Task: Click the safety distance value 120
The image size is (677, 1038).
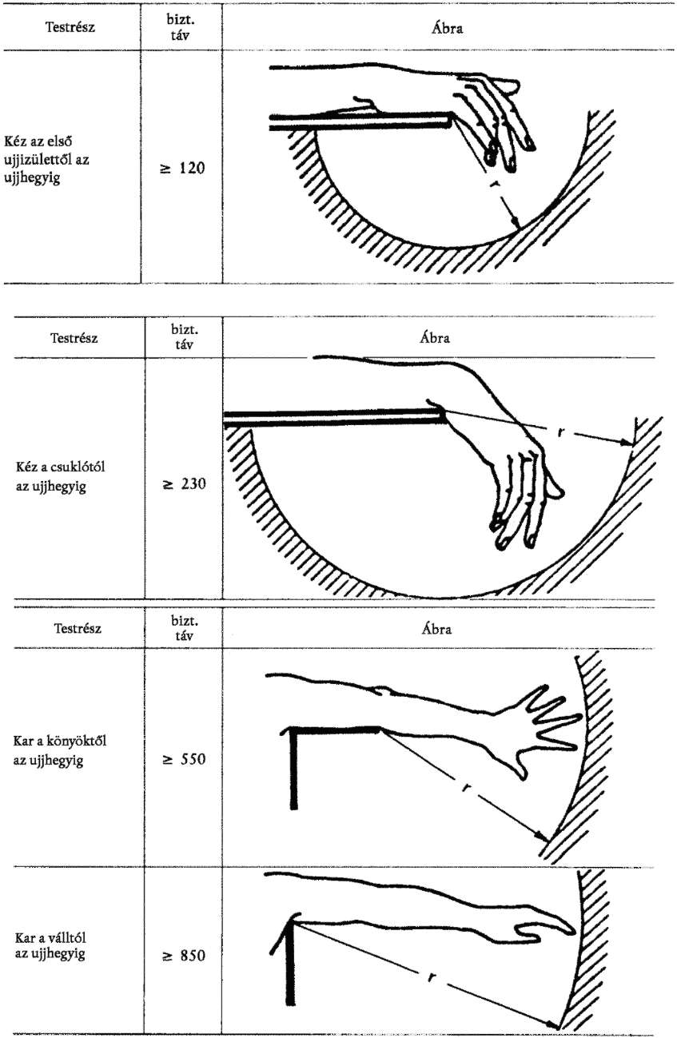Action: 192,168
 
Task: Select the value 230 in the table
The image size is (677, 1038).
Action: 193,484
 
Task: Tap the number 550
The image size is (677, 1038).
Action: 193,759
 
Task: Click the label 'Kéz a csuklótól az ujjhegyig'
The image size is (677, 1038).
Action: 60,476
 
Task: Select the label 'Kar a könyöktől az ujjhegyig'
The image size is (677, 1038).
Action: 59,750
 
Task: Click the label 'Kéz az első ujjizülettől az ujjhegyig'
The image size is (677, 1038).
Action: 46,160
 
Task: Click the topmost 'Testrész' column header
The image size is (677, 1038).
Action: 70,27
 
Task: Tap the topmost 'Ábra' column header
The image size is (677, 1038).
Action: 447,28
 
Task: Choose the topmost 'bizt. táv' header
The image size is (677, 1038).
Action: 181,28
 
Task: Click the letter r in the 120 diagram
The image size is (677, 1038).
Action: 496,184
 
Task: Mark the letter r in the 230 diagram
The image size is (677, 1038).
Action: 561,432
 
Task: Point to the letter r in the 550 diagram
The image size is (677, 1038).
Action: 466,787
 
